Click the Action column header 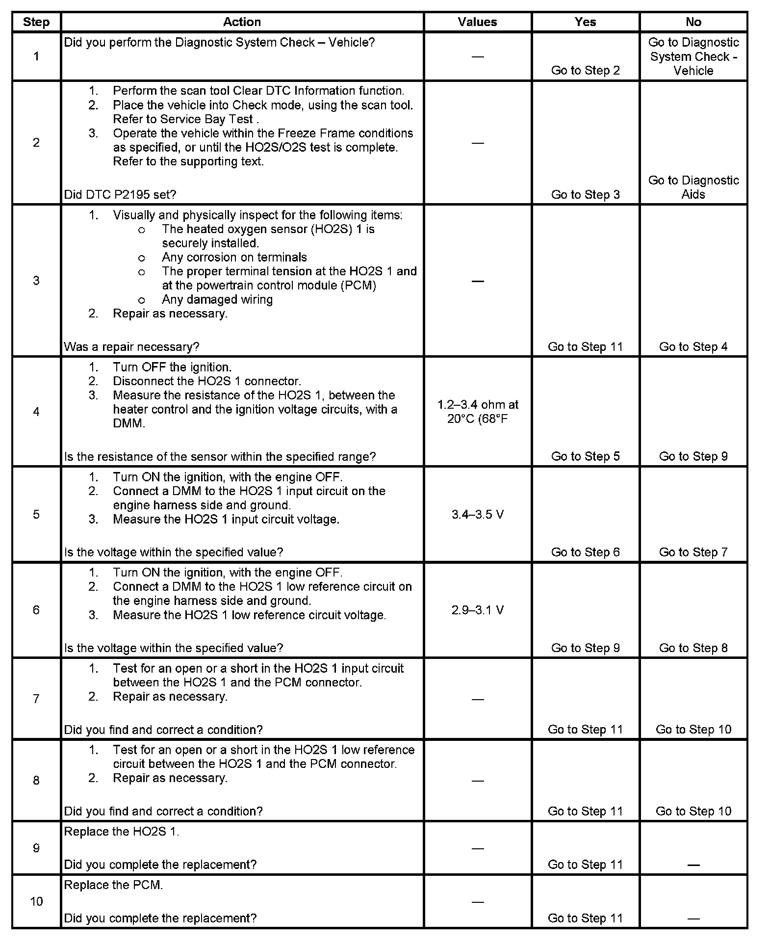[x=242, y=22]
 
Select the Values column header [x=477, y=22]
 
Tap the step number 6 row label [x=36, y=610]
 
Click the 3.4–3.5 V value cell [x=477, y=515]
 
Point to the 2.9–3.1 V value [x=477, y=610]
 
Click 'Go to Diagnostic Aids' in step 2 [x=693, y=187]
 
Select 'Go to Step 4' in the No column [x=693, y=347]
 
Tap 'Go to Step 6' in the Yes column [x=585, y=552]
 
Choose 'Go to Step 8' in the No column [x=693, y=648]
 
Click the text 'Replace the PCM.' [x=113, y=885]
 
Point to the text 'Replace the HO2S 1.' [x=122, y=832]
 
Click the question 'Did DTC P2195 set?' [x=120, y=195]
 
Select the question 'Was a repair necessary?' [x=131, y=347]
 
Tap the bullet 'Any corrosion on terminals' [x=234, y=258]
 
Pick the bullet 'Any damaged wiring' [x=217, y=300]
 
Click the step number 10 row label [x=36, y=901]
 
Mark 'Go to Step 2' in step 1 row [x=585, y=71]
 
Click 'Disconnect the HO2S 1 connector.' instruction [x=206, y=381]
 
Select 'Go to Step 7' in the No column [x=693, y=552]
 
